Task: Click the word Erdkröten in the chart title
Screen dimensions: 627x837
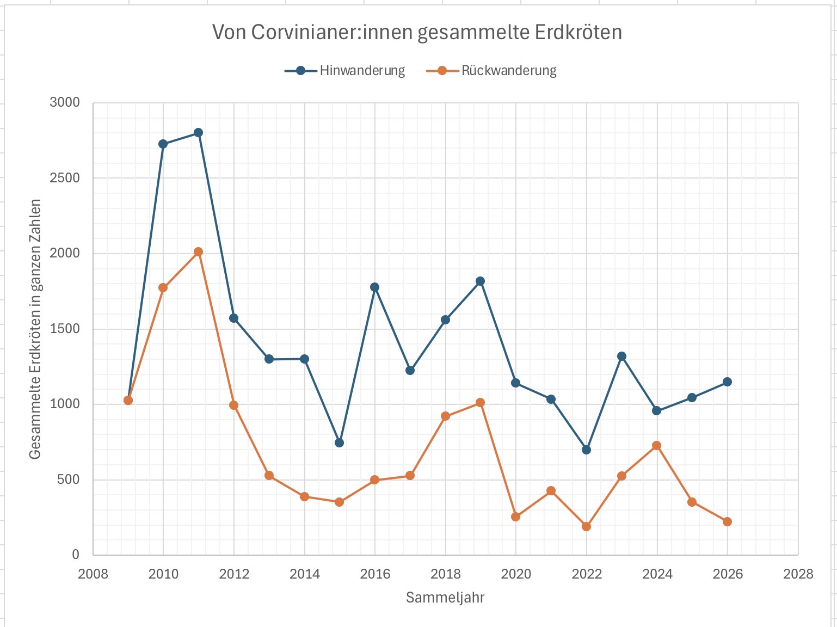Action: point(578,33)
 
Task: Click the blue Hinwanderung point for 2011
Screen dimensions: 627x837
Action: point(198,133)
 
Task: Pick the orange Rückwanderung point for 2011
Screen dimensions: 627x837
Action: point(198,252)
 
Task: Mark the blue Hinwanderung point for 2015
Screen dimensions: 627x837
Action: point(339,442)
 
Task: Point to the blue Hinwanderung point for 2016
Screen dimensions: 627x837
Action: point(374,287)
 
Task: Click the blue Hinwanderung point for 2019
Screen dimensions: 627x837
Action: point(480,281)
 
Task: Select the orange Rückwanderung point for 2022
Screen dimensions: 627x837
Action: point(586,526)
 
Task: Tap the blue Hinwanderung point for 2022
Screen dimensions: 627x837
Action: point(586,450)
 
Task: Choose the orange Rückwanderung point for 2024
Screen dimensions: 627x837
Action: point(656,446)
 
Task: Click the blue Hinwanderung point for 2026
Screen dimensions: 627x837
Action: point(727,382)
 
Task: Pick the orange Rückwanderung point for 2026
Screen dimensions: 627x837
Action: point(727,521)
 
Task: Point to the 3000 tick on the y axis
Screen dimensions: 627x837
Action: point(65,102)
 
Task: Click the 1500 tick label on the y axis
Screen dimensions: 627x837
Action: point(65,329)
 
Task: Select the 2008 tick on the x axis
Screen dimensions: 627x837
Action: point(93,574)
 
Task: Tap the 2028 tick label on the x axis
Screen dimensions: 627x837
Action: point(798,574)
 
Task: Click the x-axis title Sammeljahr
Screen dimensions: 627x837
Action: point(445,598)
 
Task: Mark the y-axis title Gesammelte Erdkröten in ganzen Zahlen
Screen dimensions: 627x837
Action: point(35,329)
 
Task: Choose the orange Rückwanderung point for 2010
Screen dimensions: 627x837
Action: point(163,288)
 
